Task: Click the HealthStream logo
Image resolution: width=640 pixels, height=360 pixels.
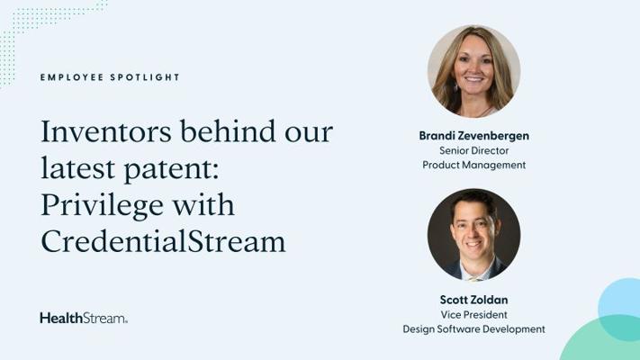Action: pos(84,318)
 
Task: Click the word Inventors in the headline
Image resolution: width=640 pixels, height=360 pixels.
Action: pos(106,131)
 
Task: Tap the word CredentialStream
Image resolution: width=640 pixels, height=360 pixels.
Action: pos(163,241)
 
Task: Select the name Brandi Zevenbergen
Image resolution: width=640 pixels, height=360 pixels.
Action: pos(473,136)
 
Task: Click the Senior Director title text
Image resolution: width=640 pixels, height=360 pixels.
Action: pos(473,150)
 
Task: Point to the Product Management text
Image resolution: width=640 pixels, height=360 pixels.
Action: pos(473,166)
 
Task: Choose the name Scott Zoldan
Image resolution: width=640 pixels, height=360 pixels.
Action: pos(473,300)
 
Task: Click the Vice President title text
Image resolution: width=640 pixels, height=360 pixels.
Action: pos(473,315)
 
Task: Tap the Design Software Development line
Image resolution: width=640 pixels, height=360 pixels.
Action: pos(473,329)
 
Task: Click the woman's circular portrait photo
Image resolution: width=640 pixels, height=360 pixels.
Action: pos(473,71)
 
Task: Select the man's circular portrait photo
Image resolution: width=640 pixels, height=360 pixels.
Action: pos(473,235)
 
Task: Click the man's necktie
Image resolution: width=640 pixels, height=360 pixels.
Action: pos(473,279)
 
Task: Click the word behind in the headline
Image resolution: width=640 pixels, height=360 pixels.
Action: pos(228,131)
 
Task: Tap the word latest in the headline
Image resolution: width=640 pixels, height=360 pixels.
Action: pos(77,168)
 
